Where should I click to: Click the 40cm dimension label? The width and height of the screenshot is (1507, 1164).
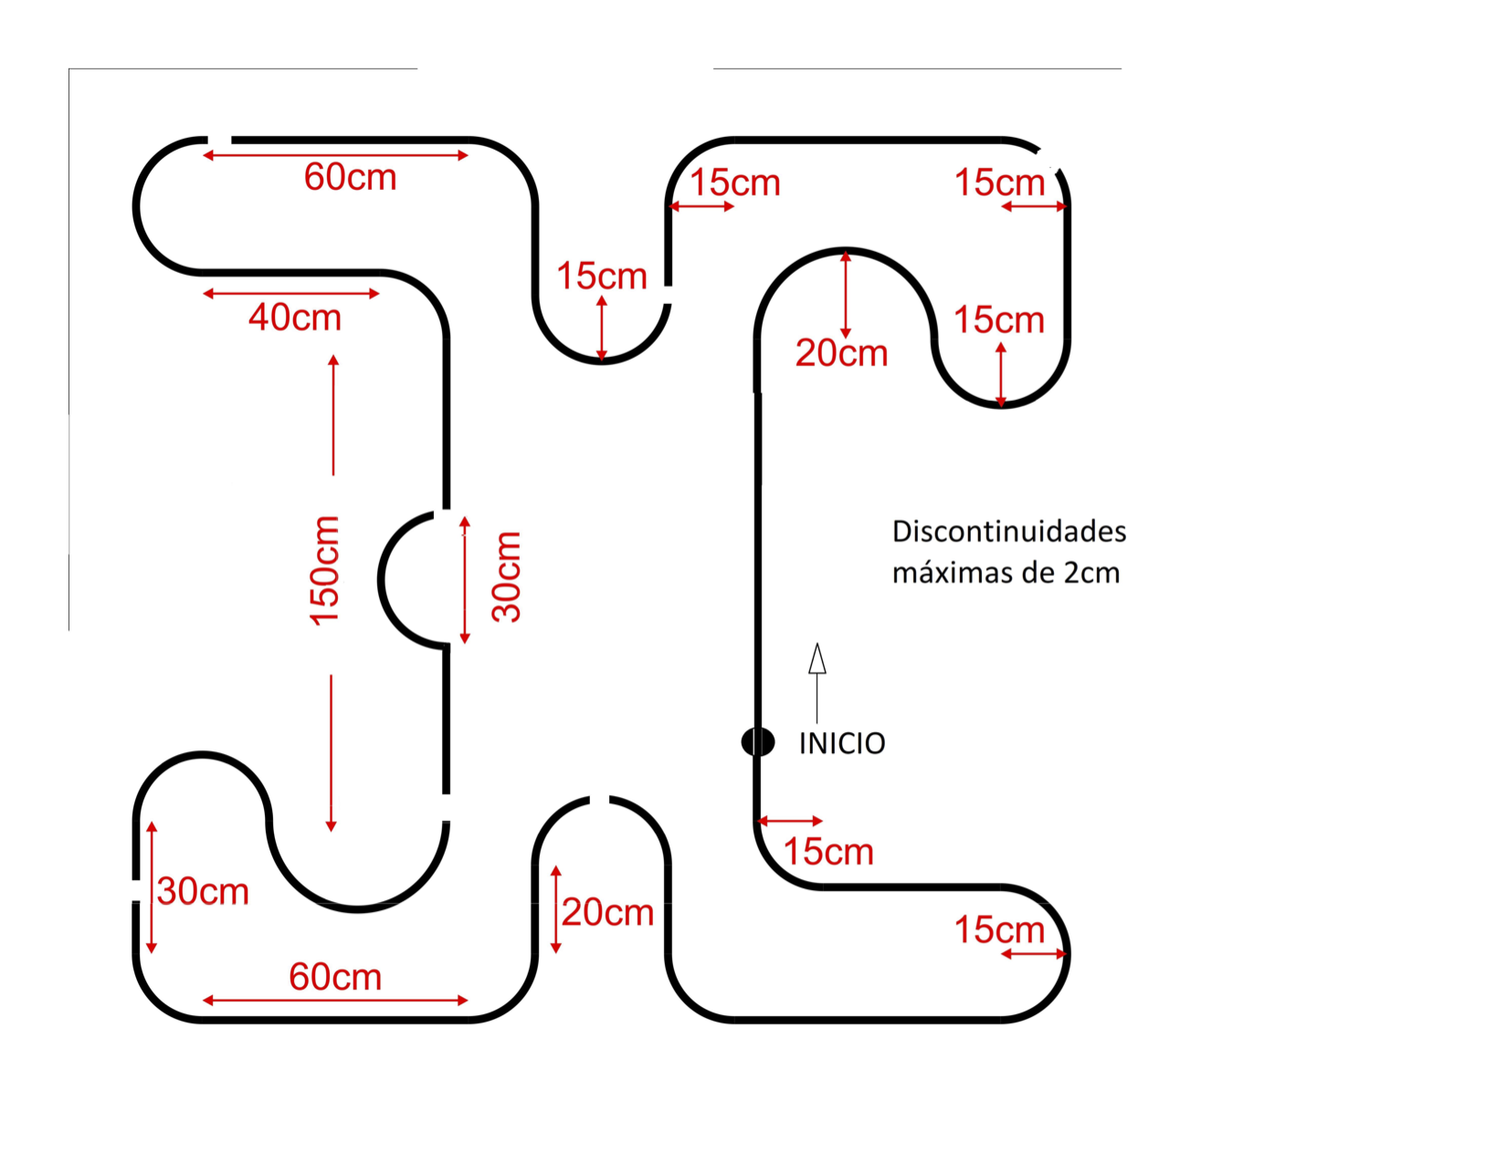point(295,318)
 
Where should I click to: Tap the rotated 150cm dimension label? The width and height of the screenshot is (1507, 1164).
point(324,572)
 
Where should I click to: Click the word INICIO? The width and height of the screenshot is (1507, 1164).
point(842,743)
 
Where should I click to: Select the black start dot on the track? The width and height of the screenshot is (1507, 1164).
point(758,741)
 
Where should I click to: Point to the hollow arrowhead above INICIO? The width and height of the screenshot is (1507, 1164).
point(817,658)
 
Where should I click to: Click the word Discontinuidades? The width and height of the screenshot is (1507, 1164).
point(1009,531)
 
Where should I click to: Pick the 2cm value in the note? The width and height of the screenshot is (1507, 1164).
point(1091,573)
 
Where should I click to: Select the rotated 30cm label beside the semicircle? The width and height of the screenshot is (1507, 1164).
point(506,577)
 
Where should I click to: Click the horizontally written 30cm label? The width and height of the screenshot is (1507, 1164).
point(203,892)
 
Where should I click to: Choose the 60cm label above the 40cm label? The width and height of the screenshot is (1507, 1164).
point(351,177)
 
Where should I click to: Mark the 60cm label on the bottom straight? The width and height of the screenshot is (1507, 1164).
point(335,977)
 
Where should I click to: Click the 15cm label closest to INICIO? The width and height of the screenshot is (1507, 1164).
point(828,852)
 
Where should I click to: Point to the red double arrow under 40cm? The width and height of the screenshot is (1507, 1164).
point(291,293)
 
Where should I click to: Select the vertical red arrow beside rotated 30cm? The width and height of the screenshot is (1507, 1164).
point(465,580)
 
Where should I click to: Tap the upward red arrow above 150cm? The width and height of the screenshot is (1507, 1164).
point(333,415)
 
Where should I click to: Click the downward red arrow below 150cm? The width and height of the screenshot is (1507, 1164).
point(332,753)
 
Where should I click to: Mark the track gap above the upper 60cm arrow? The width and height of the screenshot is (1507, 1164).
point(219,140)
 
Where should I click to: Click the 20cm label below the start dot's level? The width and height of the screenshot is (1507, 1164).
point(607,912)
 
